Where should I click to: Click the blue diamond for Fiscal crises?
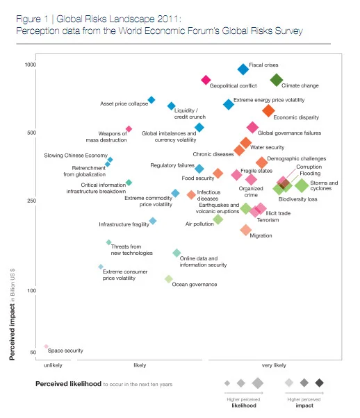243,69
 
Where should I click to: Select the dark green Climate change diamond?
277,80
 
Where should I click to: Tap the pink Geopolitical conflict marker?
206,80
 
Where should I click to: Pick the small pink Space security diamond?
46,346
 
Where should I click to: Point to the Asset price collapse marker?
152,100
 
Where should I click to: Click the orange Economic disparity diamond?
268,110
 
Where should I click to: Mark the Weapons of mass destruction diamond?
129,129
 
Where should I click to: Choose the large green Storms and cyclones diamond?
302,185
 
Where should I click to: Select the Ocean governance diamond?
169,279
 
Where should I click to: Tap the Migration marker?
246,230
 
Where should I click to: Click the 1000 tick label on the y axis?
30,65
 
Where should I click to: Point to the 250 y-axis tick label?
31,201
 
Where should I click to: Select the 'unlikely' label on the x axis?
53,365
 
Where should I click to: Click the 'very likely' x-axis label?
274,365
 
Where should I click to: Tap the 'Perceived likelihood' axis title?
68,384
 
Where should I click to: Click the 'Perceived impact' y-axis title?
12,332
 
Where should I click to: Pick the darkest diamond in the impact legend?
319,383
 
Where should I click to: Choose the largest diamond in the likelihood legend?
258,383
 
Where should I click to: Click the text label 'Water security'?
267,147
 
